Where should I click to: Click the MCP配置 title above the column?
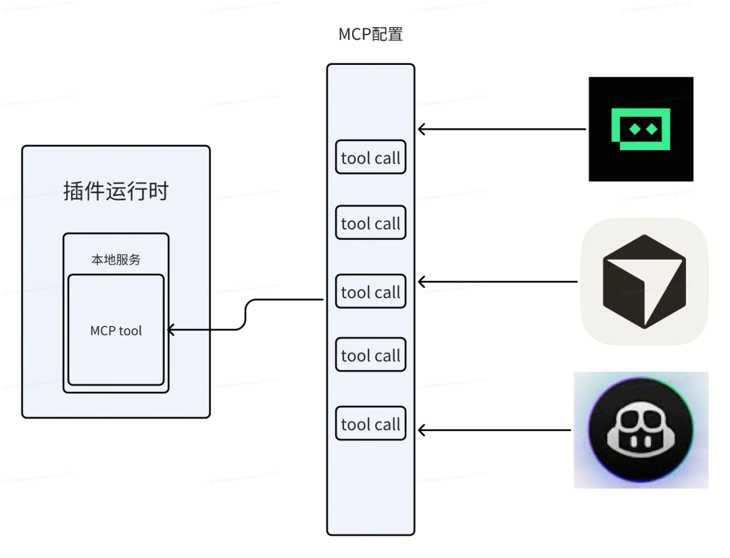(x=370, y=34)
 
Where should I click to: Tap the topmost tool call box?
(x=370, y=158)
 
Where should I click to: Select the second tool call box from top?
(x=370, y=223)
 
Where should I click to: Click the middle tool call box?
(x=370, y=292)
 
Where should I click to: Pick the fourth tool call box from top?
(x=370, y=355)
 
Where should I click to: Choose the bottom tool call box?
(x=370, y=424)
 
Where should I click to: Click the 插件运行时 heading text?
(x=116, y=191)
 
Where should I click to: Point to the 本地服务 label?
(x=116, y=259)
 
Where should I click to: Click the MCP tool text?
(x=116, y=331)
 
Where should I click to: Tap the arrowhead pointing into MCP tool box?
(x=170, y=330)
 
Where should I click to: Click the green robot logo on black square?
(x=641, y=129)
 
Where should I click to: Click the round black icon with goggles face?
(x=640, y=430)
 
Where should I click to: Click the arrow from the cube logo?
(x=497, y=281)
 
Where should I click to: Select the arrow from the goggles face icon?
(x=494, y=430)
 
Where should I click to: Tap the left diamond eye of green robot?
(x=632, y=128)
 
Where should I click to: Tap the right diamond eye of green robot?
(x=652, y=128)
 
